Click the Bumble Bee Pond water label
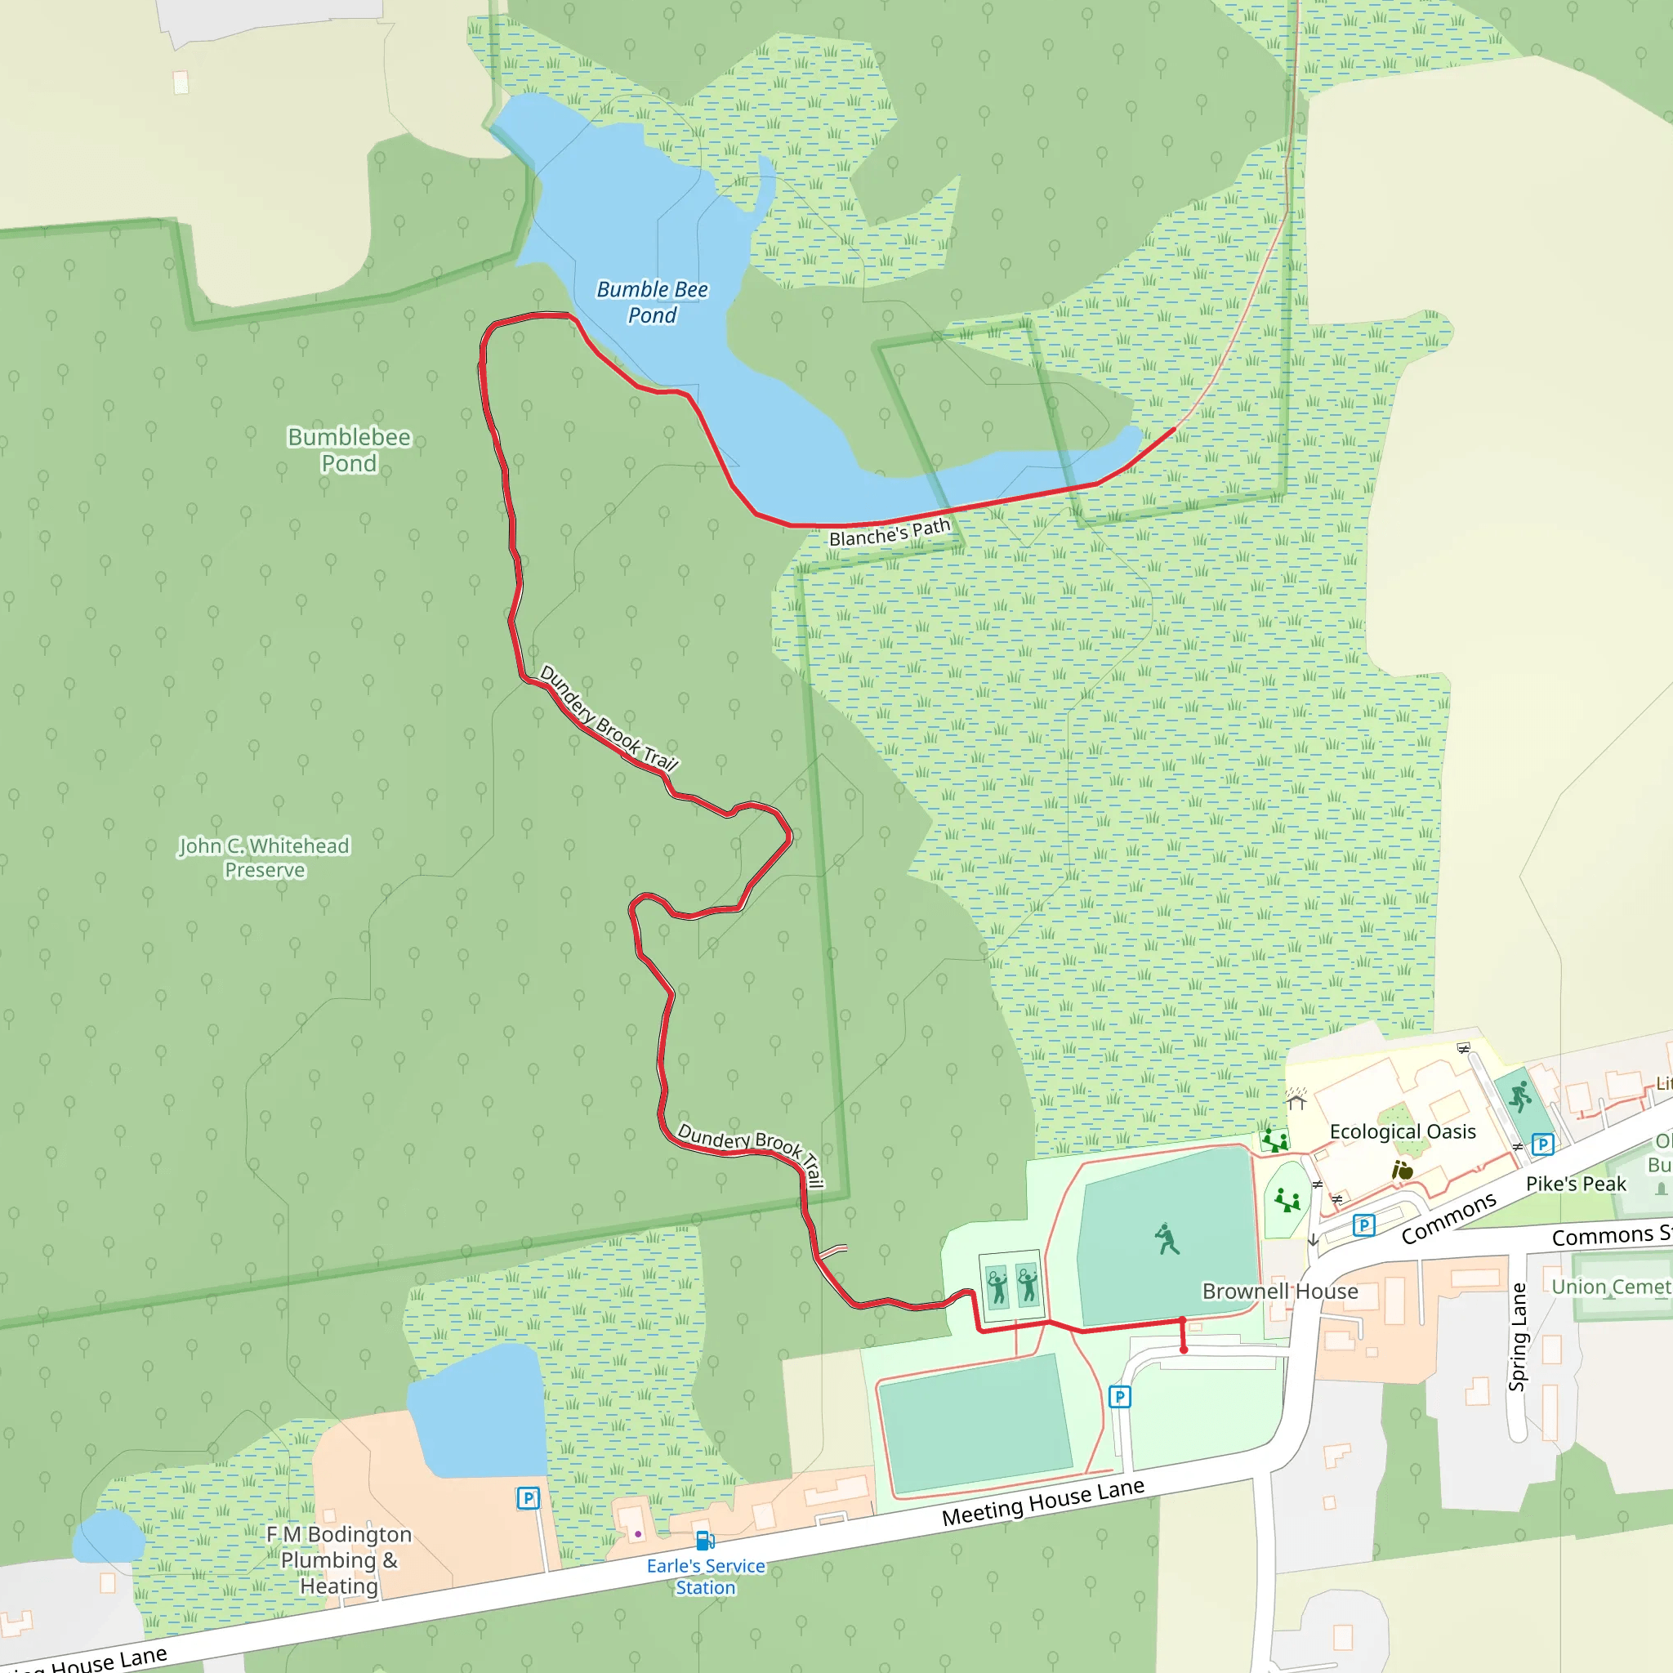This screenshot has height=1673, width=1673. click(x=652, y=302)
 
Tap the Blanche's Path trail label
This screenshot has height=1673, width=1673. click(x=890, y=533)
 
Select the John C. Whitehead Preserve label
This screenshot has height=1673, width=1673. click(x=264, y=857)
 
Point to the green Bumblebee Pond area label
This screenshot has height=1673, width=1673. click(x=349, y=449)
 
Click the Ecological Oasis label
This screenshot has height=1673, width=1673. click(x=1402, y=1131)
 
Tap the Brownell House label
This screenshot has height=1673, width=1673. click(x=1279, y=1292)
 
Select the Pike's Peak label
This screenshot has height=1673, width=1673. click(x=1575, y=1184)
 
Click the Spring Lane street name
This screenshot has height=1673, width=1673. click(x=1516, y=1337)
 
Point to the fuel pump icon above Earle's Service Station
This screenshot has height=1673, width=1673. click(x=705, y=1541)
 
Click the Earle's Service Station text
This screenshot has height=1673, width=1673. click(x=706, y=1577)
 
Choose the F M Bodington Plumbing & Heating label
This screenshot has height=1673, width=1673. click(x=338, y=1559)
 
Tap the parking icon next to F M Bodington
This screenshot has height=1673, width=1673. click(x=528, y=1498)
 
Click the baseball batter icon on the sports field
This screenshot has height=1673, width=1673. click(x=1167, y=1239)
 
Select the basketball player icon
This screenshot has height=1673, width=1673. click(x=1519, y=1097)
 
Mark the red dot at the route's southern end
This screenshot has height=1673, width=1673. click(x=1184, y=1350)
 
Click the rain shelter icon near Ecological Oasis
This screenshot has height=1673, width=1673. click(x=1296, y=1100)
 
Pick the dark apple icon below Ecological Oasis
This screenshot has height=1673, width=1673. click(x=1402, y=1171)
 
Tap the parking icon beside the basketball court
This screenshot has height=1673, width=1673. click(x=1542, y=1144)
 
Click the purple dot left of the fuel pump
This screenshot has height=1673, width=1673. click(x=638, y=1533)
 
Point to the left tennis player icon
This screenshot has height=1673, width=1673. click(x=997, y=1285)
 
